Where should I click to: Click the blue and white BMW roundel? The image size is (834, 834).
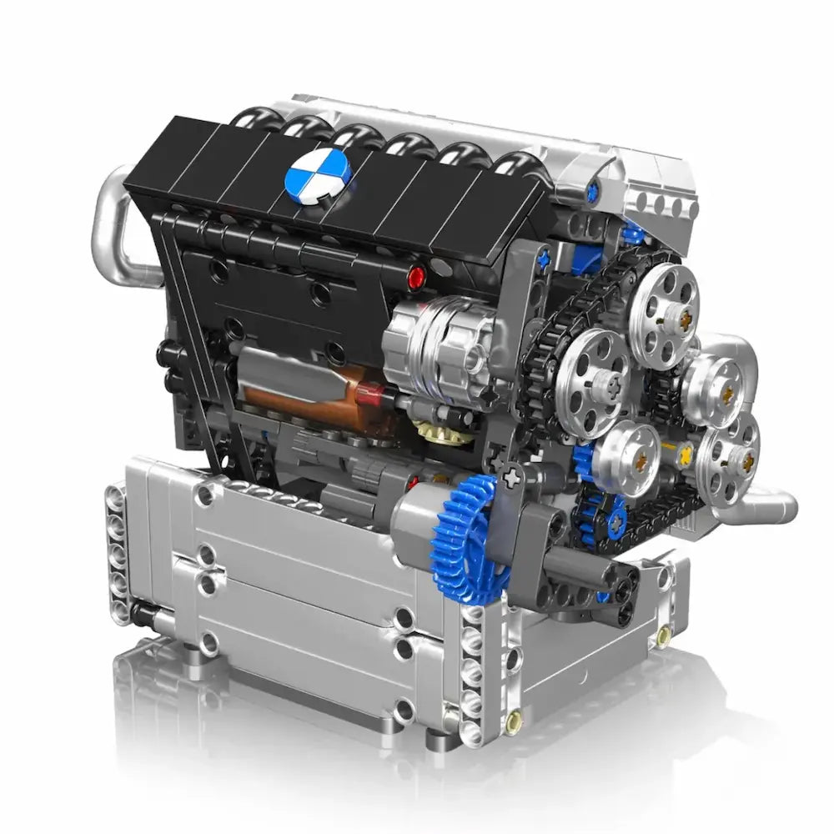click(x=318, y=173)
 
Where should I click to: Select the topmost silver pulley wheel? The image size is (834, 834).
click(x=664, y=304)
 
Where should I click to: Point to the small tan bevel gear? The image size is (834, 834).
click(x=433, y=431)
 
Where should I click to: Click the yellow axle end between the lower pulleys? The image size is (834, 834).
click(x=685, y=455)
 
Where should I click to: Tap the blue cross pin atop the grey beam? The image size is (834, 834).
click(x=544, y=259)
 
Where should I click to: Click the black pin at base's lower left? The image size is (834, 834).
click(x=140, y=615)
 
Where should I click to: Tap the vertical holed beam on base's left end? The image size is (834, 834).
click(x=116, y=550)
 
